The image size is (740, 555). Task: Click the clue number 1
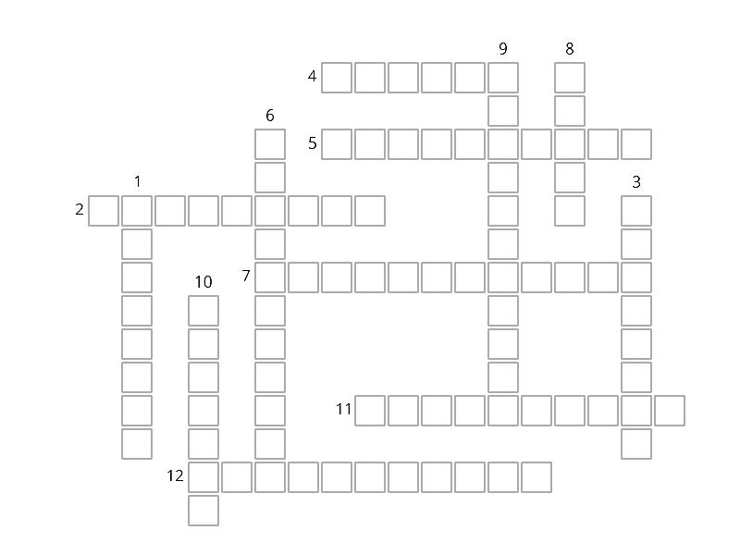click(137, 181)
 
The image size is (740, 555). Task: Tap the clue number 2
click(80, 209)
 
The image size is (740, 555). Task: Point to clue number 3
click(636, 181)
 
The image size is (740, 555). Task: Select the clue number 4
click(312, 76)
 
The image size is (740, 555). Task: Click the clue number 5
click(312, 143)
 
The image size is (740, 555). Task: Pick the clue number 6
click(270, 115)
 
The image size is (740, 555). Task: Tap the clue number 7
click(246, 276)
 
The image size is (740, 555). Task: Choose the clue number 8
click(570, 48)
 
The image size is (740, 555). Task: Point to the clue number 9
click(503, 48)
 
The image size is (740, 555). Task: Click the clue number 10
click(203, 282)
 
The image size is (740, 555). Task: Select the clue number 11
click(343, 409)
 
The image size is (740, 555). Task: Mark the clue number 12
click(175, 475)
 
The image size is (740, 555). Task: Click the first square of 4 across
click(337, 78)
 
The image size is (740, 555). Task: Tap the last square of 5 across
click(636, 144)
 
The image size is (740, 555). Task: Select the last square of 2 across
click(370, 211)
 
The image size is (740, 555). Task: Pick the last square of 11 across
click(670, 411)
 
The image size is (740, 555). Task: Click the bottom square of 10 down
click(203, 511)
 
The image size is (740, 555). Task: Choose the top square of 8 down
click(570, 78)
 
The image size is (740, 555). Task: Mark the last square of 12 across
click(536, 477)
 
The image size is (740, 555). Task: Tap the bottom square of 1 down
click(137, 444)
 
